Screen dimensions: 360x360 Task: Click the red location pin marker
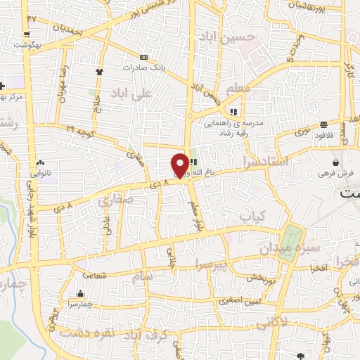click(x=180, y=165)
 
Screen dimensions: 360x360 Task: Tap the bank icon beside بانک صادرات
click(x=144, y=57)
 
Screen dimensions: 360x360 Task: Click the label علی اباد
click(x=136, y=93)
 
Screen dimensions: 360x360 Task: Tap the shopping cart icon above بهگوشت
click(x=26, y=34)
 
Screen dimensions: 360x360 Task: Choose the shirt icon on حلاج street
click(x=100, y=71)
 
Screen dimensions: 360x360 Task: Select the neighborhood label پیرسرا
click(x=214, y=264)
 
